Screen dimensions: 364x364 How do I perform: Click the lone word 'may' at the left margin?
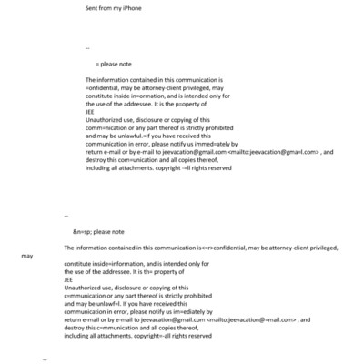27,257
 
